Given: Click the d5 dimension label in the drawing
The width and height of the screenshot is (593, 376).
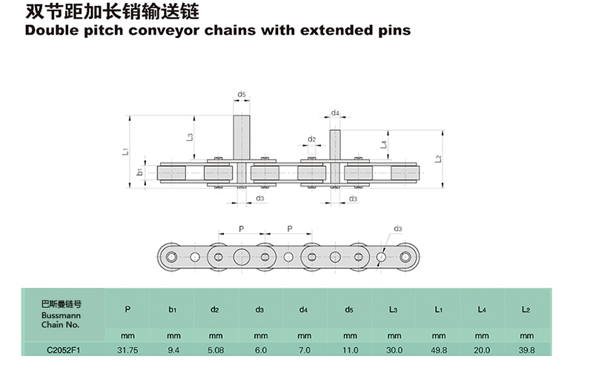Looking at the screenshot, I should click(242, 95).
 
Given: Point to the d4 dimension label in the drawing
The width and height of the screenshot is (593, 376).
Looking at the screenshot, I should click(335, 113).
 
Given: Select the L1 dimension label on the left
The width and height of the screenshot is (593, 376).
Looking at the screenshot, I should click(126, 151).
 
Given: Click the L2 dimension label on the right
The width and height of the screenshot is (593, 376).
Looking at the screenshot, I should click(438, 158).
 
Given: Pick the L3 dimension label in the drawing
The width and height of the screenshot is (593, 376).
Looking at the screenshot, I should click(190, 136).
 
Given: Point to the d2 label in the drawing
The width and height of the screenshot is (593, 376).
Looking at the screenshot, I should click(312, 139).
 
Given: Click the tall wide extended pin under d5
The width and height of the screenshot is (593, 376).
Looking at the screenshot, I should click(242, 137).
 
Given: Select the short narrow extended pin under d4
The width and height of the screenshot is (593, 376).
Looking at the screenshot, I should click(335, 144).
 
